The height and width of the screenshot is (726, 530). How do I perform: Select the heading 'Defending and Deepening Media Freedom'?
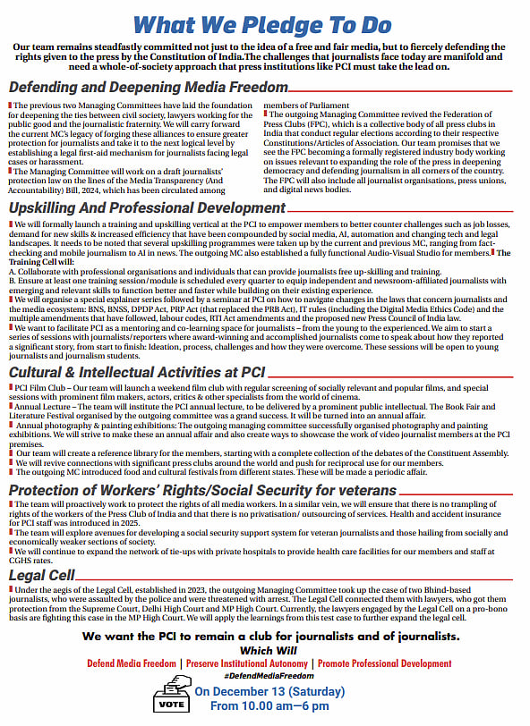(x=148, y=88)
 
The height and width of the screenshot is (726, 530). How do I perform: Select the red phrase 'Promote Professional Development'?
(x=376, y=664)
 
